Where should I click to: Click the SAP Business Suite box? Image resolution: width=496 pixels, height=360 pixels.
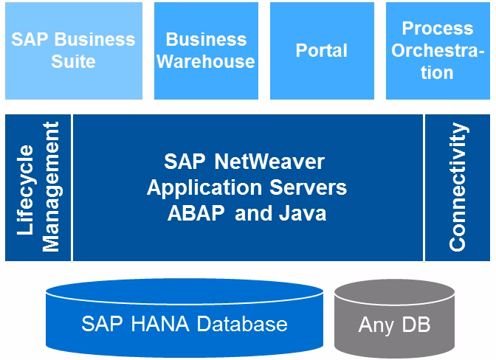[x=73, y=50]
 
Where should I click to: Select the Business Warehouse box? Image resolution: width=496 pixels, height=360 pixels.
[x=206, y=50]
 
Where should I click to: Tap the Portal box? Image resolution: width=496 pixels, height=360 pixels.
[x=321, y=50]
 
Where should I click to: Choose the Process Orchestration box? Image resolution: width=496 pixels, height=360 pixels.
[x=437, y=50]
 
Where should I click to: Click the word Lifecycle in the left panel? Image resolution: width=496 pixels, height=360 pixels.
[x=25, y=190]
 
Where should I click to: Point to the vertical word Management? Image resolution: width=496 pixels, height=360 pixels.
[x=50, y=188]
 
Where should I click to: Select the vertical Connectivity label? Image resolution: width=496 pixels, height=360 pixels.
[x=458, y=187]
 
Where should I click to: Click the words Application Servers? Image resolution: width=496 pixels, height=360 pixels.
[x=247, y=187]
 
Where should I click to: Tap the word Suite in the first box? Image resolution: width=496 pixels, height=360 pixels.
[x=73, y=61]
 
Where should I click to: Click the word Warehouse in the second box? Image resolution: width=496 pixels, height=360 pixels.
[x=206, y=61]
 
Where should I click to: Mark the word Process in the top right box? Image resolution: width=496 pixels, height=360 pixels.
[x=438, y=28]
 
